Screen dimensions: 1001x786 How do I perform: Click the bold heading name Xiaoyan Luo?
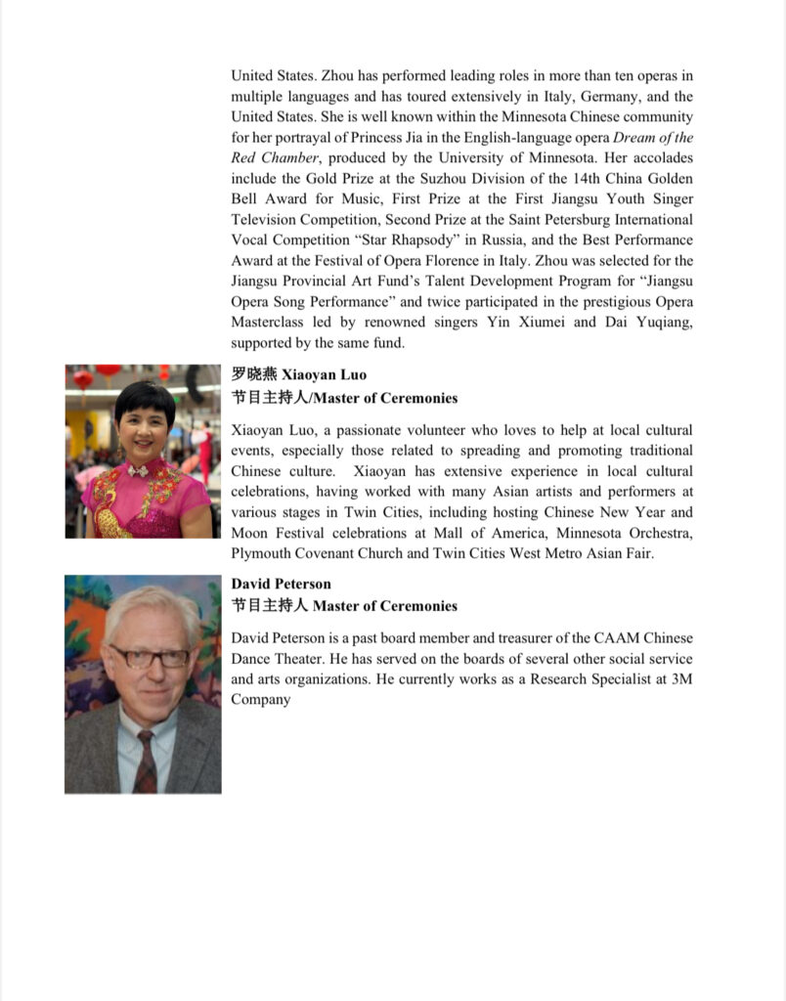tap(324, 374)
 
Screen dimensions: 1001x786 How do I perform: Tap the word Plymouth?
tap(261, 554)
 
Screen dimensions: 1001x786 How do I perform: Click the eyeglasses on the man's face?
tap(150, 656)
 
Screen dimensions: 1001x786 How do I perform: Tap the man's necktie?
tap(145, 758)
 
